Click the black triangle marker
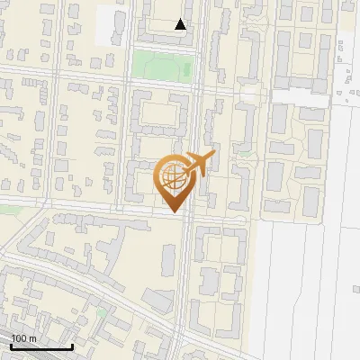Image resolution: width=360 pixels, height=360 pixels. pyautogui.click(x=181, y=24)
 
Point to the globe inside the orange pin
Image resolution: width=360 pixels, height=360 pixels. pyautogui.click(x=174, y=178)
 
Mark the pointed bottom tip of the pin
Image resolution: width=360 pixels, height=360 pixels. pyautogui.click(x=175, y=212)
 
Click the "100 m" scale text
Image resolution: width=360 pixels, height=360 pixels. pyautogui.click(x=24, y=337)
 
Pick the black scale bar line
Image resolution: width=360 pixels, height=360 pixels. pyautogui.click(x=41, y=346)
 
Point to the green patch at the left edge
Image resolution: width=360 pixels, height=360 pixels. pyautogui.click(x=7, y=209)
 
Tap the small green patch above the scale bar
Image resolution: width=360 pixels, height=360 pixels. pyautogui.click(x=102, y=313)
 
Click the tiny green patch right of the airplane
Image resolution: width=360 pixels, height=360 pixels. pyautogui.click(x=244, y=155)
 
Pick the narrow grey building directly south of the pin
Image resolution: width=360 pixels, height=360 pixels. pyautogui.click(x=168, y=258)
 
